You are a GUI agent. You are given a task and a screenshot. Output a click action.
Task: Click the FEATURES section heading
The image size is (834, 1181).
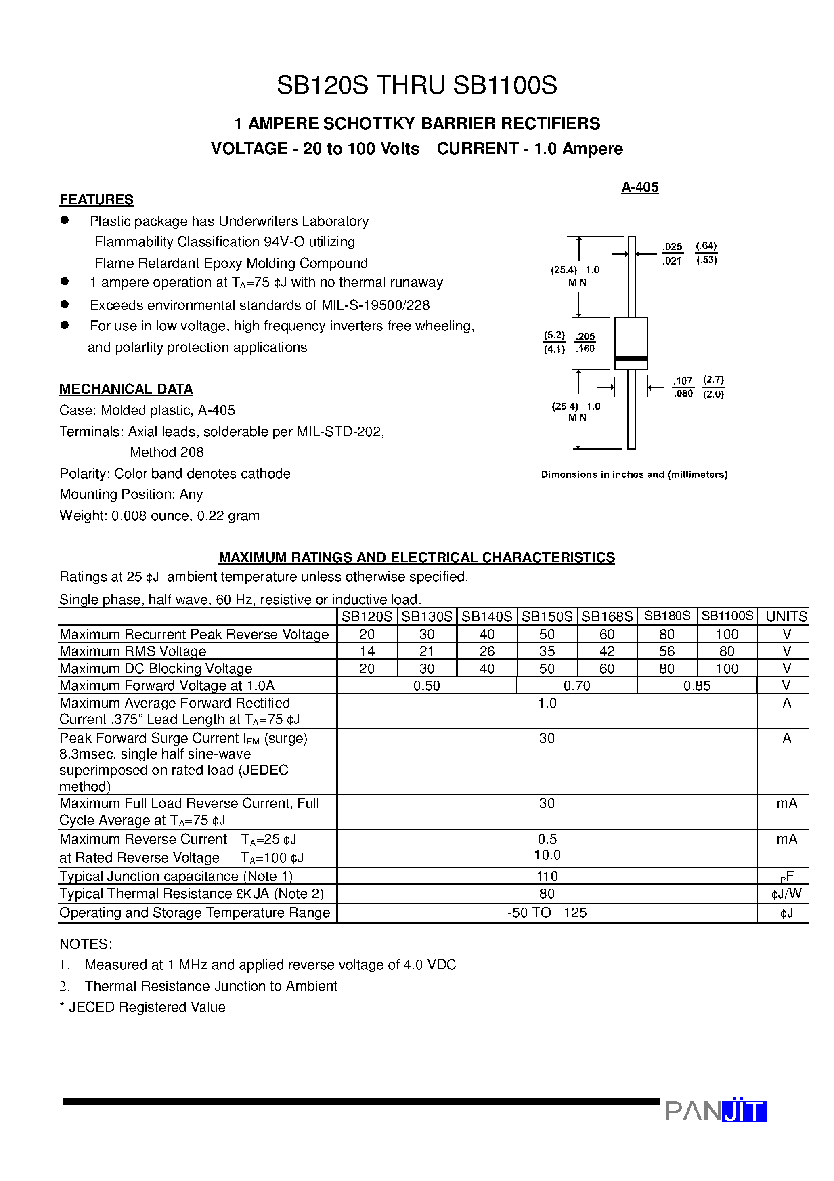click(96, 200)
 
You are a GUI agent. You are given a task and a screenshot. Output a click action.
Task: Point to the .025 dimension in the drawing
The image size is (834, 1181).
click(672, 247)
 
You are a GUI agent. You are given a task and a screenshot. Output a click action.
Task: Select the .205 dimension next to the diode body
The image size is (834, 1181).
click(585, 337)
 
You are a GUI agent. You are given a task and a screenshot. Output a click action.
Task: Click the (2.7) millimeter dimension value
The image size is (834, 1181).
click(713, 380)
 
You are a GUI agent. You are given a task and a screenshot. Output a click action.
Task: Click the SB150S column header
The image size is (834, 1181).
click(547, 616)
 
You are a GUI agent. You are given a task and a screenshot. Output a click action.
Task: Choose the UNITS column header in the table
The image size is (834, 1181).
click(786, 616)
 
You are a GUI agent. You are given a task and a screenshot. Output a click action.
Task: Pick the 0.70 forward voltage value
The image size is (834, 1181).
click(576, 686)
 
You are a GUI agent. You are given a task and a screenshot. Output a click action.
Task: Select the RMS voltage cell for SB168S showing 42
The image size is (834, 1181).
click(607, 651)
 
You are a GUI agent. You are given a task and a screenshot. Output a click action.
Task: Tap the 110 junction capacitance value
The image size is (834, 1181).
click(547, 876)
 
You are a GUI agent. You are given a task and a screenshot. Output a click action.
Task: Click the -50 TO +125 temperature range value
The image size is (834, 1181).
click(547, 913)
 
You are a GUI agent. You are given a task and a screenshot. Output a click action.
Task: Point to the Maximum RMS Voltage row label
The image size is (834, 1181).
click(133, 651)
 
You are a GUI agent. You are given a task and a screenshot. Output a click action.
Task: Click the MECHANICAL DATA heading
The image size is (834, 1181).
click(126, 389)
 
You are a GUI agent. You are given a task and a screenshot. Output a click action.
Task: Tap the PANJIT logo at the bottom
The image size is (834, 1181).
click(715, 1111)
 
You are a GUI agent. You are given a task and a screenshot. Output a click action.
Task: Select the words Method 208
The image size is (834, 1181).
click(167, 452)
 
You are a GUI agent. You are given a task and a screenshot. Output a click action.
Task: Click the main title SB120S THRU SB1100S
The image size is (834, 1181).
click(417, 85)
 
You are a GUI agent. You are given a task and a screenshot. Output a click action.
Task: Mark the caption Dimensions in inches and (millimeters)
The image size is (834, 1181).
click(633, 475)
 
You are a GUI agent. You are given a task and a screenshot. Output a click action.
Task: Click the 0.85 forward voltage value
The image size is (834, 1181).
click(697, 686)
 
